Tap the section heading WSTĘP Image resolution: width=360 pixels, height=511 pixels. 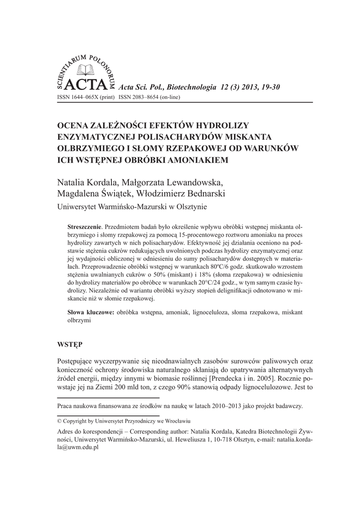tap(70, 345)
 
